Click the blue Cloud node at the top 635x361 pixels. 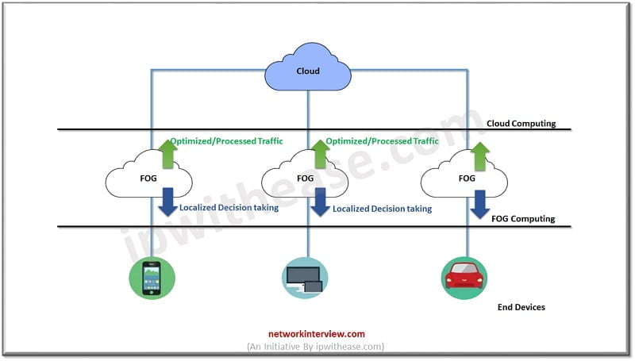click(308, 71)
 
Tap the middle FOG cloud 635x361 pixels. click(306, 178)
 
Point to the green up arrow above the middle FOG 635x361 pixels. click(320, 153)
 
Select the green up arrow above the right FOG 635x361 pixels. click(479, 153)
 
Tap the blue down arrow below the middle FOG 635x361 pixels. click(320, 203)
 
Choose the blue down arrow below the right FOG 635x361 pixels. click(479, 203)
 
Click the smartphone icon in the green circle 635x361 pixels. click(151, 278)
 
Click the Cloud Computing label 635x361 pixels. click(521, 124)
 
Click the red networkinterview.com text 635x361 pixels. click(317, 334)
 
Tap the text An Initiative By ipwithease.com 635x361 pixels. click(317, 347)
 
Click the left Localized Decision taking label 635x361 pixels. click(229, 209)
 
